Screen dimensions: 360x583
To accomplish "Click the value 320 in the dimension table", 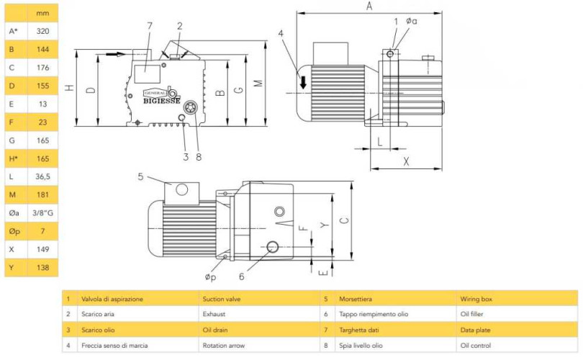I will point(42,31).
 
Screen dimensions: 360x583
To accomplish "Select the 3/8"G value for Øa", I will point(42,212).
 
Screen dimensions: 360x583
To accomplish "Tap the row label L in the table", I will point(12,176).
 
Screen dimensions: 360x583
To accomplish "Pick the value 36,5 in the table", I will point(42,176).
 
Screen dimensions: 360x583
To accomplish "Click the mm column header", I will point(42,13).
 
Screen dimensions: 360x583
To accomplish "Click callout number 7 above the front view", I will point(149,26).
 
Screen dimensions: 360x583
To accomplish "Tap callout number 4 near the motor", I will point(281,32).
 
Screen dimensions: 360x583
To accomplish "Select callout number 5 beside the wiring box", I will point(141,176).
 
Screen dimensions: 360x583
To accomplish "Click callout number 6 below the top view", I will point(242,276).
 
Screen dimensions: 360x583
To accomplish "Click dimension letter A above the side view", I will point(369,6).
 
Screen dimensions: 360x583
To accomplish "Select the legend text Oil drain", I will point(218,330).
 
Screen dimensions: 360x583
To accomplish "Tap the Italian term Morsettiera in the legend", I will point(361,298).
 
